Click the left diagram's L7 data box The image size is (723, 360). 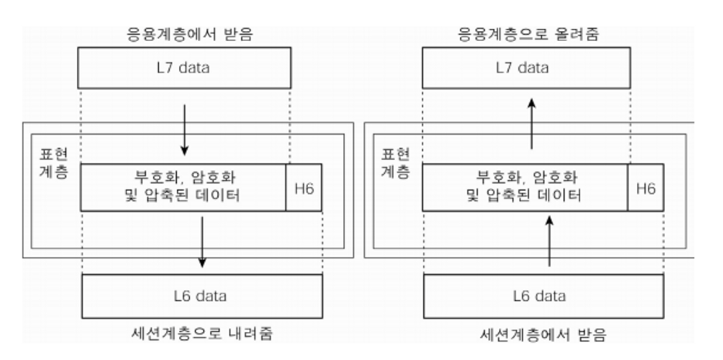tap(185, 67)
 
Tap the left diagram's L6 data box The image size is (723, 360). tap(202, 296)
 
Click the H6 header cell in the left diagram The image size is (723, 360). tap(304, 187)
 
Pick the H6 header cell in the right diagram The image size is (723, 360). tap(645, 187)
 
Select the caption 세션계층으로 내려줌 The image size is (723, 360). tap(202, 334)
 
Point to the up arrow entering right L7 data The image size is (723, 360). tap(531, 124)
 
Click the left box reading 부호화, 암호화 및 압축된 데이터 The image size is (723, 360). tap(184, 187)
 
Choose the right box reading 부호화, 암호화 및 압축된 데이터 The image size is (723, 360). tap(525, 187)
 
